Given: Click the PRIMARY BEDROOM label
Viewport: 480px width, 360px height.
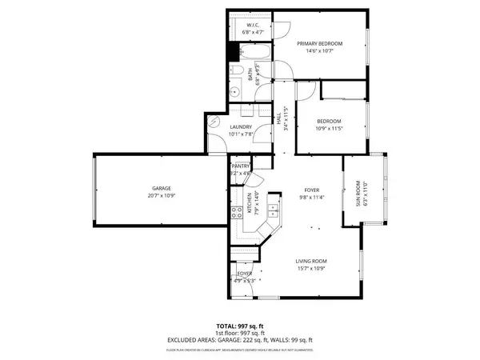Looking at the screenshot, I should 319,43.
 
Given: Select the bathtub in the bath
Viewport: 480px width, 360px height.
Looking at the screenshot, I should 256,54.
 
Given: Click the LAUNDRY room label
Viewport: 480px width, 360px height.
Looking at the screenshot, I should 241,127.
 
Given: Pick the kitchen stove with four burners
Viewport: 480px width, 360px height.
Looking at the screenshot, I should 237,212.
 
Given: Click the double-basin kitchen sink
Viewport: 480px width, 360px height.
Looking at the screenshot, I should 274,210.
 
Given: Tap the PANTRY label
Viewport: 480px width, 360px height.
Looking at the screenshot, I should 241,166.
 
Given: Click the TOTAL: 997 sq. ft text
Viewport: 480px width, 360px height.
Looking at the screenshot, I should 239,327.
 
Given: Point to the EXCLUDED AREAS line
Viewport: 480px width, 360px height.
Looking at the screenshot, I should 239,340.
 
